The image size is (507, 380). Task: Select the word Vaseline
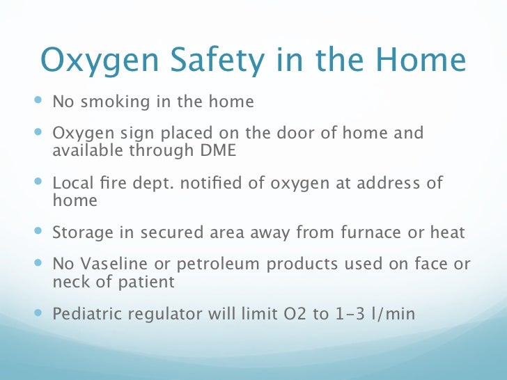coord(110,264)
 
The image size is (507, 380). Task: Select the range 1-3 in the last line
coord(343,314)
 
